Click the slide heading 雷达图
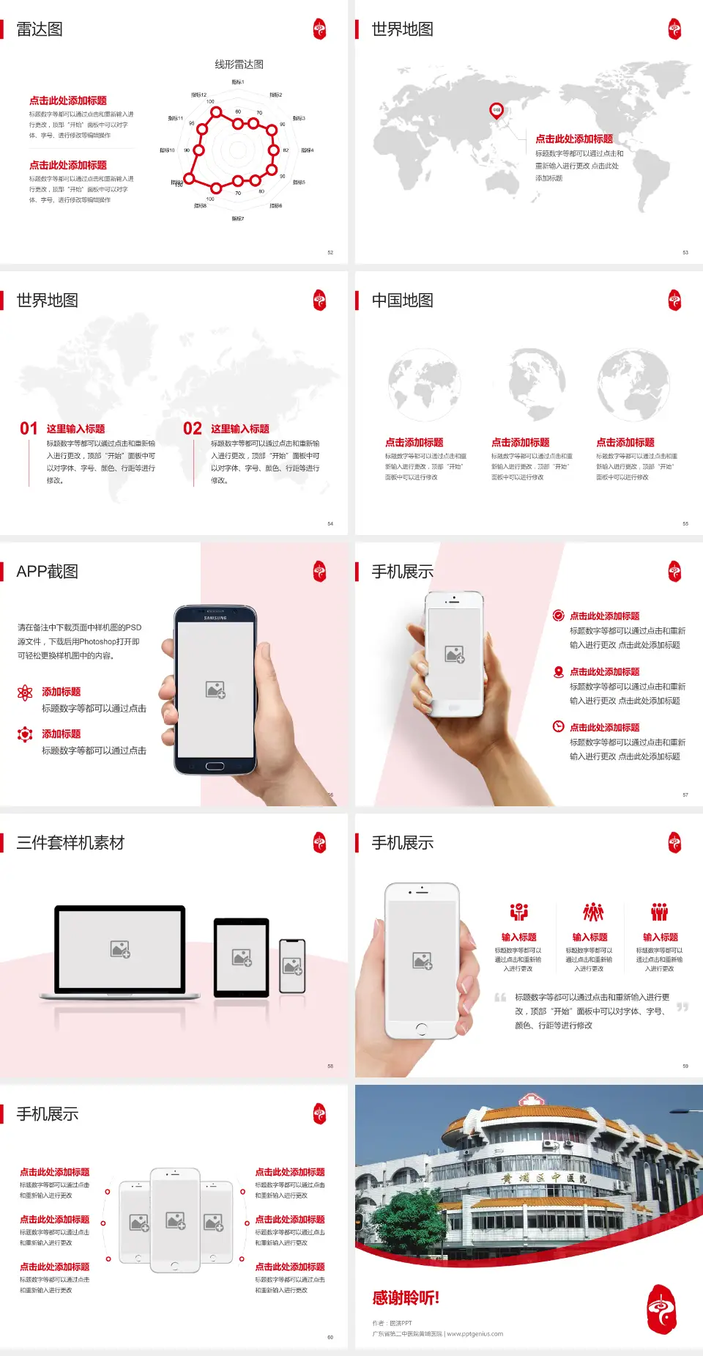[40, 29]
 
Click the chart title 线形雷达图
[239, 65]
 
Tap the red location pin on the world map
[496, 111]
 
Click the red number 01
[29, 429]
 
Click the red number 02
[193, 429]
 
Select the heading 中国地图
[402, 301]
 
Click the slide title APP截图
[47, 572]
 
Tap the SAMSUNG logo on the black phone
[215, 618]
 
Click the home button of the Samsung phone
[215, 766]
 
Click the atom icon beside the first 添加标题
[25, 693]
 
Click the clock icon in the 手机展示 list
[558, 726]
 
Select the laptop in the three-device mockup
[120, 951]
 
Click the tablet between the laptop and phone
[242, 957]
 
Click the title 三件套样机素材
[70, 843]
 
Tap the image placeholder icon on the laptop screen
[120, 949]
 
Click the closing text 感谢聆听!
[406, 1298]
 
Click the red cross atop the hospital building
[529, 1099]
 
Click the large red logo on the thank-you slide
[661, 1309]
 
